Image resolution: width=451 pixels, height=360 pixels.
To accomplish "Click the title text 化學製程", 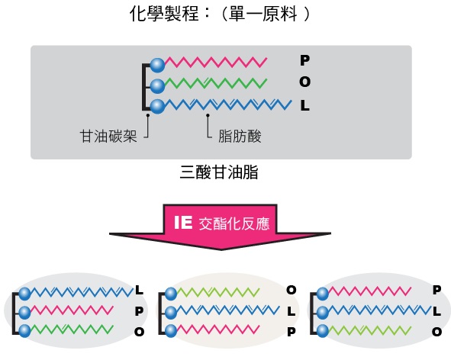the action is coord(164,14).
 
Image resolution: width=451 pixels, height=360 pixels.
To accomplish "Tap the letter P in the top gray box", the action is coord(304,60).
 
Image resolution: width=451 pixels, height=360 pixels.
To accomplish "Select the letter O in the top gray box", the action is coord(304,82).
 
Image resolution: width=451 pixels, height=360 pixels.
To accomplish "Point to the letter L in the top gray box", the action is coord(305,105).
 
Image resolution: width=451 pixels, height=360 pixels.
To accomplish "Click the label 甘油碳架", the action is coord(108,136).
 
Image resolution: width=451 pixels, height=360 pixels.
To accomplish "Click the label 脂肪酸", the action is coord(240,136).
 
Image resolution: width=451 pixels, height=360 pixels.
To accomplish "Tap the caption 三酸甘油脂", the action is coord(219,172).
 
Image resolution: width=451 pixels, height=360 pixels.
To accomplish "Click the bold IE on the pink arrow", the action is coord(183,222).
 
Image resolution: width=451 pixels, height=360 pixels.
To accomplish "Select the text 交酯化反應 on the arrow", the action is coord(234,223).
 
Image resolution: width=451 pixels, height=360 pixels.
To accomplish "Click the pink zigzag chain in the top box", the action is coord(216,62).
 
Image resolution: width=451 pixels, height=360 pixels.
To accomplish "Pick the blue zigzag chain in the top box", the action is coord(228,104).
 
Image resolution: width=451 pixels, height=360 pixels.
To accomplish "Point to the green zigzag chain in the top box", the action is coord(216,83).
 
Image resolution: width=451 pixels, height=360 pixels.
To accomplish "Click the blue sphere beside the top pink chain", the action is coord(157,65).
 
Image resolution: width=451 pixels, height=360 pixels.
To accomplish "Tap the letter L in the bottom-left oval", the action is coord(139,290).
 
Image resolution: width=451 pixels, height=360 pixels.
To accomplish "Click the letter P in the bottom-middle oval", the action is coord(291,332).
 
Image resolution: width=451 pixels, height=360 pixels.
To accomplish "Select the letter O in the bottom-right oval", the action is coord(437,332).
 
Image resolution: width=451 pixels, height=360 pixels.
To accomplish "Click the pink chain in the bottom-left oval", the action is coord(72,310).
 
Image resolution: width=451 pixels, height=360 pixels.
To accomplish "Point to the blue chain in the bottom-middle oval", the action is coord(228,310).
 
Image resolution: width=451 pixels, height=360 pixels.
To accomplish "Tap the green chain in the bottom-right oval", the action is coord(369,330).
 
